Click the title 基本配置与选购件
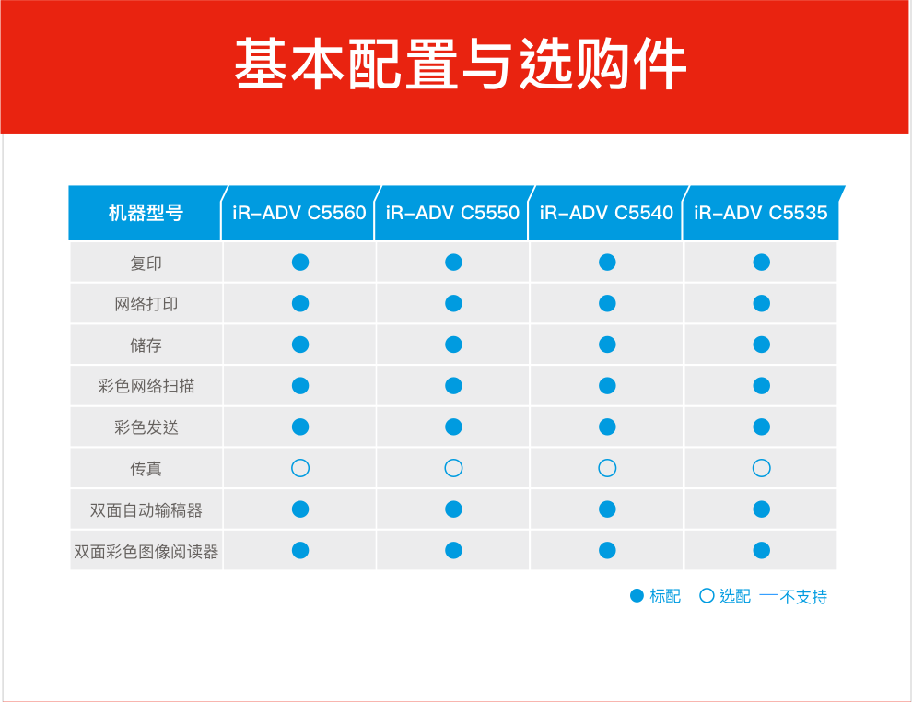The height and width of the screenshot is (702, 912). (460, 64)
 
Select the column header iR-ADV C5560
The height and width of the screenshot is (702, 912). (299, 213)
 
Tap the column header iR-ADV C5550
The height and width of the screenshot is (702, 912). (452, 213)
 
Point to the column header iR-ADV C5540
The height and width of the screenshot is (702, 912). (606, 213)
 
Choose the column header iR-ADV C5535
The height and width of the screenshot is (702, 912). (760, 213)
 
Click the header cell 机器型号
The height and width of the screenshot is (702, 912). (146, 213)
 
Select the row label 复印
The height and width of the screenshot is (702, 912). (146, 263)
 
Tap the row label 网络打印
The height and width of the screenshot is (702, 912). (146, 304)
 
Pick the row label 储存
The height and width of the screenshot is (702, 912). (146, 345)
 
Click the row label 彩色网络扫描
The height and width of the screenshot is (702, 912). (146, 386)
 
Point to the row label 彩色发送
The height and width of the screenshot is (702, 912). (146, 427)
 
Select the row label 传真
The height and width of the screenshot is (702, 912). (146, 468)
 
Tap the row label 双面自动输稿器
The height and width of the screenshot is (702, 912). (146, 509)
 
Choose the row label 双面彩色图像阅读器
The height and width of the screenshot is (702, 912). (146, 551)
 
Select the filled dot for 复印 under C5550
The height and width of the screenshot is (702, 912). (453, 263)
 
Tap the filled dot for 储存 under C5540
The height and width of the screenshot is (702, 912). (607, 345)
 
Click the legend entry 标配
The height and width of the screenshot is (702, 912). (656, 596)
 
